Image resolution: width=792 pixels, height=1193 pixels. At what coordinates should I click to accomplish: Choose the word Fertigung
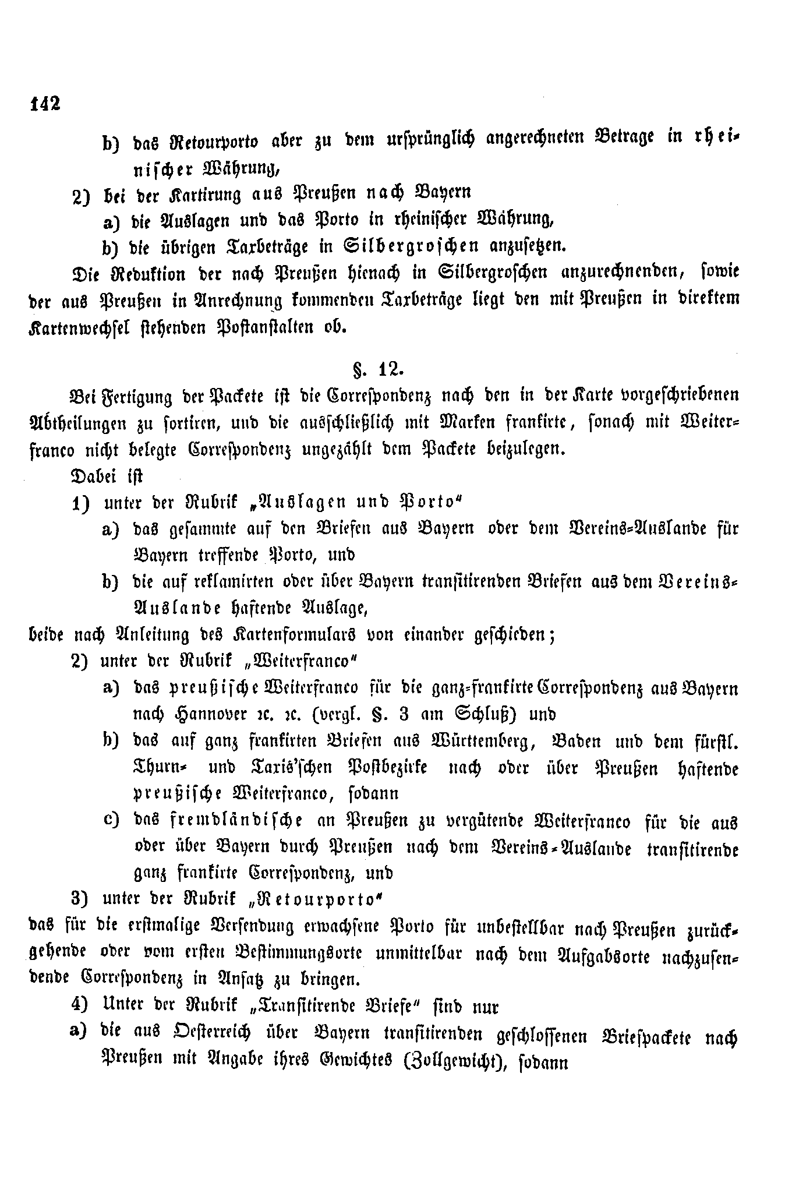point(133,397)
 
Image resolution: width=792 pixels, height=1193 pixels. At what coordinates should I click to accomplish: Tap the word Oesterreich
point(207,1034)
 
